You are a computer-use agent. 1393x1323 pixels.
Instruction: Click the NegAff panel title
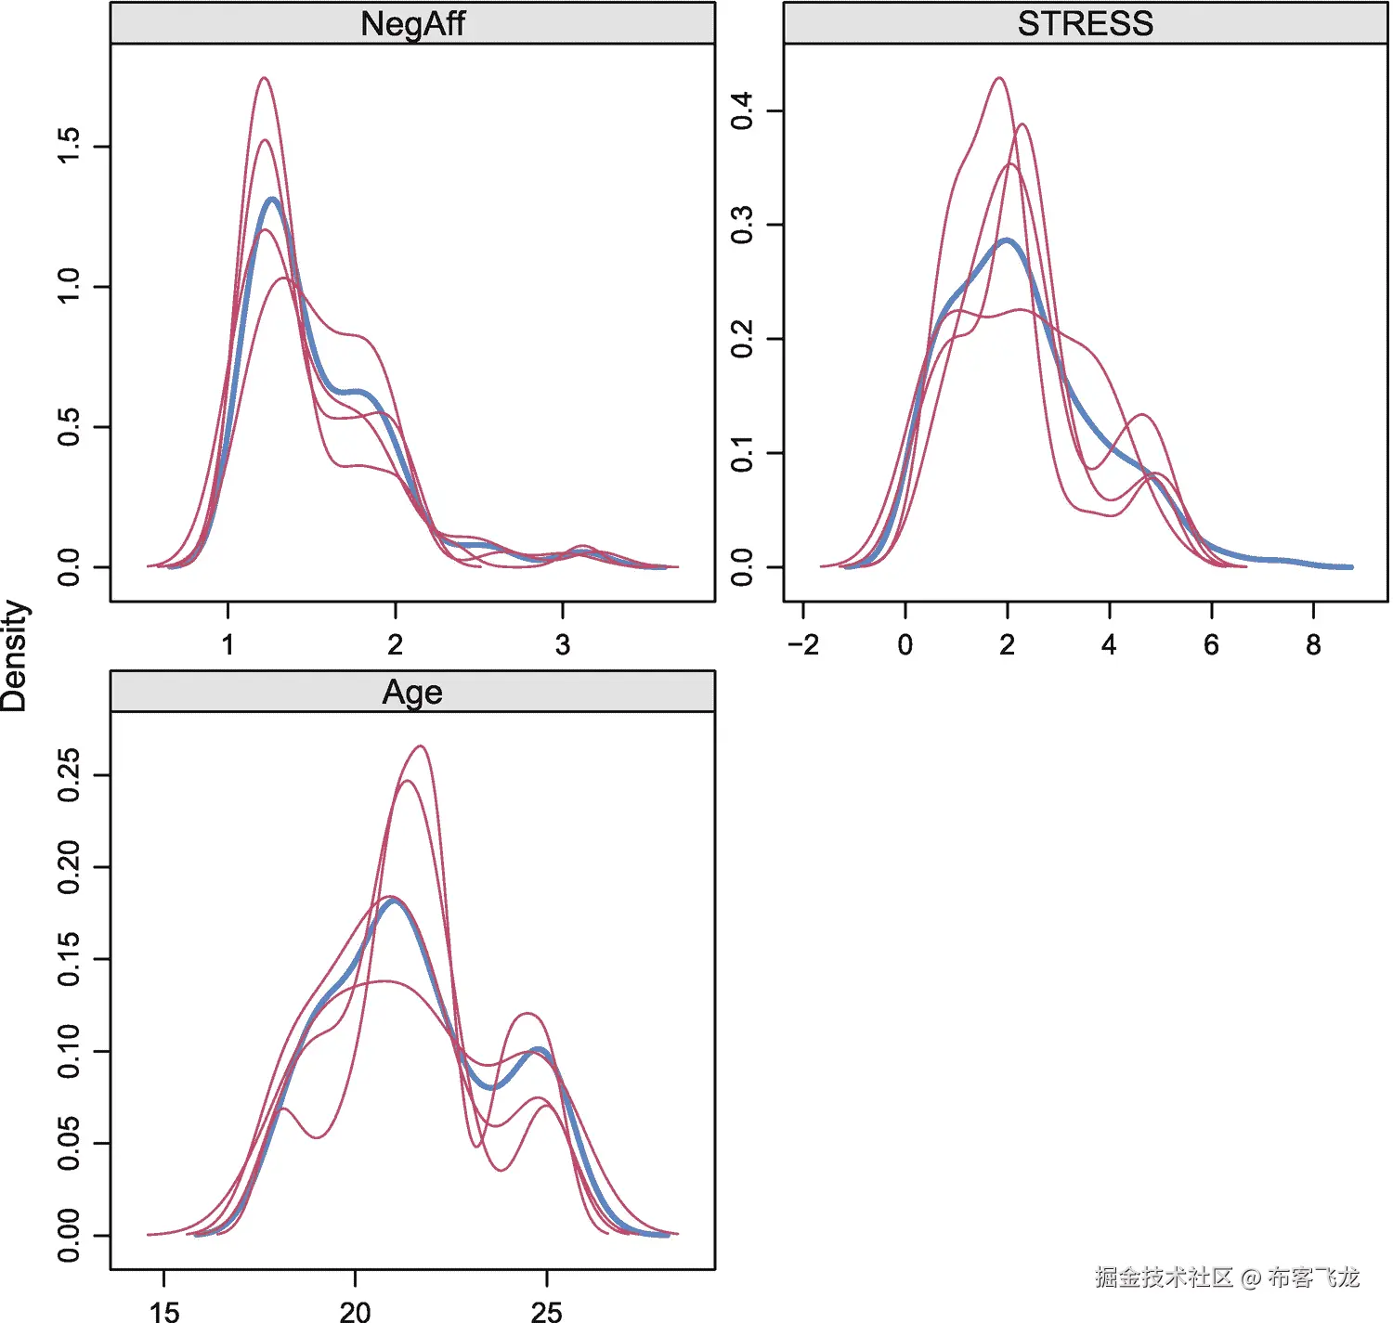[412, 23]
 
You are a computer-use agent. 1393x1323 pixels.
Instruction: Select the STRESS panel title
[1085, 23]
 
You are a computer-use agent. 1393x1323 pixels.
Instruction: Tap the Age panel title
[412, 692]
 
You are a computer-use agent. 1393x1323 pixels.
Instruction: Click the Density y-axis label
[15, 655]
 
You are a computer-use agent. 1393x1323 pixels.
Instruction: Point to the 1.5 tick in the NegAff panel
[69, 146]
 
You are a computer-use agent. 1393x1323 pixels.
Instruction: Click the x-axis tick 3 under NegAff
[562, 644]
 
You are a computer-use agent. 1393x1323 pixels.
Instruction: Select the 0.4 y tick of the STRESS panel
[742, 110]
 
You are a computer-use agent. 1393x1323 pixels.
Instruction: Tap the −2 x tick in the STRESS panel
[802, 644]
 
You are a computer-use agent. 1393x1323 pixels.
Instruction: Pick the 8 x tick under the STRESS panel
[1313, 644]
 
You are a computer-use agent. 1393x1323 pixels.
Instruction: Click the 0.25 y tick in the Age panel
[69, 775]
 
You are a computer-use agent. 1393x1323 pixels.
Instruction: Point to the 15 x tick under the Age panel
[164, 1311]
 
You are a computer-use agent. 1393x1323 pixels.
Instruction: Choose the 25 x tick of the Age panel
[546, 1311]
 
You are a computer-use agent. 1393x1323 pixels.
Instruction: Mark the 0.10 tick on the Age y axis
[69, 1051]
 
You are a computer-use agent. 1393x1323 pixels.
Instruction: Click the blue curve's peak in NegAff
[272, 200]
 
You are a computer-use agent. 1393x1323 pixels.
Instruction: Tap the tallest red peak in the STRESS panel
[998, 78]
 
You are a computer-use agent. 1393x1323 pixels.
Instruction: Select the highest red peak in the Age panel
[421, 746]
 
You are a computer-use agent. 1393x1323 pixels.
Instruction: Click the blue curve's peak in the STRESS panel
[1008, 240]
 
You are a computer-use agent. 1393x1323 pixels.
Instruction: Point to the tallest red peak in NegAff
[264, 78]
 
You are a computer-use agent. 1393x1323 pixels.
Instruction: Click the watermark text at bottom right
[1226, 1278]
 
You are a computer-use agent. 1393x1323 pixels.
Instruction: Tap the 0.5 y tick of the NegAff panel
[69, 426]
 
